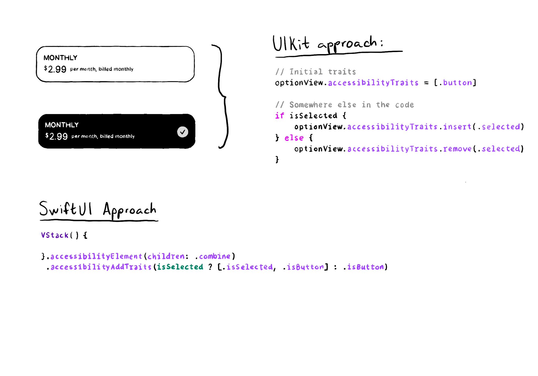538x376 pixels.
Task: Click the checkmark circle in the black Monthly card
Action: [183, 132]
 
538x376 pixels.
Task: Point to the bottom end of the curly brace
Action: [219, 148]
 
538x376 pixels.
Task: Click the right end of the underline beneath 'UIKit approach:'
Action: [402, 51]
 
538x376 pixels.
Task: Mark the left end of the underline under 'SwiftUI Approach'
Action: [40, 220]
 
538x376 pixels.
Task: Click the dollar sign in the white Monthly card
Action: [46, 68]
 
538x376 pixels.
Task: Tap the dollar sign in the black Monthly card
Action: [47, 135]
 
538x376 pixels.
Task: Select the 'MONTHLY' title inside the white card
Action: [60, 58]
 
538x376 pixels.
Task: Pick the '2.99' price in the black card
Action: [58, 136]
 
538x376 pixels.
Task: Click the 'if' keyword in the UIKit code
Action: [280, 116]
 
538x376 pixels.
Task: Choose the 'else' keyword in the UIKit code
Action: [294, 138]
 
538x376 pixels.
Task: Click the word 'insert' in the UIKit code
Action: [457, 127]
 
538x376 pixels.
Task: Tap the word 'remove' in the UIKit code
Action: [457, 149]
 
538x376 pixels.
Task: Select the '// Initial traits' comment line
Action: [316, 72]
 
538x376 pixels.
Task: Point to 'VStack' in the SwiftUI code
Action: [55, 235]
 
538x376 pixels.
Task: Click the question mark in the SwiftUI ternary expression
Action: [210, 267]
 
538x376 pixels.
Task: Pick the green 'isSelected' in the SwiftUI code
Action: [180, 267]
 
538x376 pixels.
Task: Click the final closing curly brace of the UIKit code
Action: [277, 159]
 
